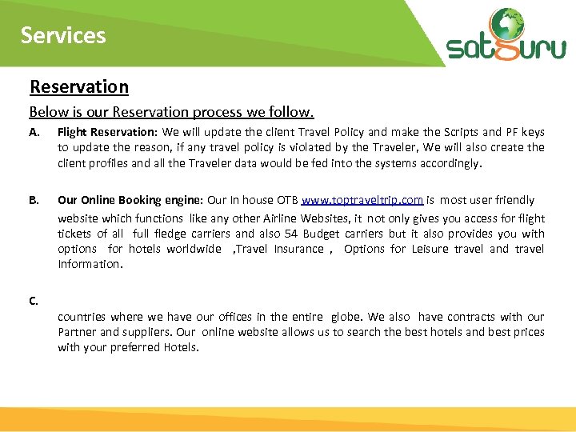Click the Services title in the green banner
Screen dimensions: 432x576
point(63,35)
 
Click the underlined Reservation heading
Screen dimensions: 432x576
point(78,86)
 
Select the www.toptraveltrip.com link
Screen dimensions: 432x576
point(362,200)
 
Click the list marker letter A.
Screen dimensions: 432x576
point(34,132)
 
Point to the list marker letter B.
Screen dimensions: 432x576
point(34,200)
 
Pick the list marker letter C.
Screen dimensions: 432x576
point(34,302)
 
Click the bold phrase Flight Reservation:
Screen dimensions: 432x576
point(107,132)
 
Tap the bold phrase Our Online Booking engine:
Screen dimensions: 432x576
point(130,200)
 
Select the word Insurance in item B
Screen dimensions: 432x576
point(298,249)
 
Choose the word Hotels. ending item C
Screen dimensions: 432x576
point(181,347)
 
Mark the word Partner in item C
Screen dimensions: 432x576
point(77,332)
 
